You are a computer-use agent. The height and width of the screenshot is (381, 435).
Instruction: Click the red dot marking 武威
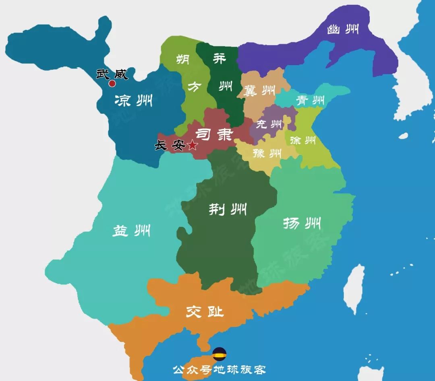tap(112, 84)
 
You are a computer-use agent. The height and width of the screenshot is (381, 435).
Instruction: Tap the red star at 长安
tap(193, 145)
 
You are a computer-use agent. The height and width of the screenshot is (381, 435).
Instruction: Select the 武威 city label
tap(112, 74)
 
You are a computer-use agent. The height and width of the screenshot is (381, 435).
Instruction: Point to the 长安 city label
tap(170, 145)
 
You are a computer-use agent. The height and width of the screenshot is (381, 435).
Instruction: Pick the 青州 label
tap(310, 100)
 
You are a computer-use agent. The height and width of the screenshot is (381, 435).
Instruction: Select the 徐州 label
tap(302, 140)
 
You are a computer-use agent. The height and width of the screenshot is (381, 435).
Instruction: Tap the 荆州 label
tap(227, 209)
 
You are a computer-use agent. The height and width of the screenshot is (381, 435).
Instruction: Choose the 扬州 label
tap(302, 223)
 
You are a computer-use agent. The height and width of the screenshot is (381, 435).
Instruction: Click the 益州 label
tap(131, 231)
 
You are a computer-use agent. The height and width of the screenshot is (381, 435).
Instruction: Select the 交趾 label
tap(205, 311)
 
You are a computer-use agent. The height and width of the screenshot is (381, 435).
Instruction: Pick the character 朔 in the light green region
tap(184, 60)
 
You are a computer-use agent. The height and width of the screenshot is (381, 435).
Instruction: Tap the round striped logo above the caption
tap(220, 354)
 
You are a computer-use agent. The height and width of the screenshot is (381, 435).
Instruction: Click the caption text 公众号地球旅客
tap(219, 369)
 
